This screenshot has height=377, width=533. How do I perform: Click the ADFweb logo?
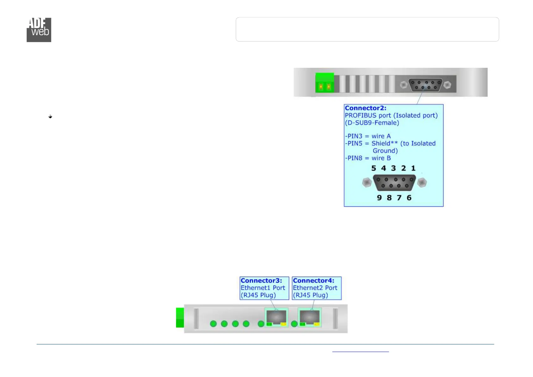(39, 30)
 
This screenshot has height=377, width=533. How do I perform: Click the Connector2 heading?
(366, 108)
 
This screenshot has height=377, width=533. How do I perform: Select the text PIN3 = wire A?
(368, 136)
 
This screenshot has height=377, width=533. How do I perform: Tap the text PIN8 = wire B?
(368, 158)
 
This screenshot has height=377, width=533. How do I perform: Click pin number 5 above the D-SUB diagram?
(374, 168)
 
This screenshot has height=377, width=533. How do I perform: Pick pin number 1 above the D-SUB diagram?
(413, 168)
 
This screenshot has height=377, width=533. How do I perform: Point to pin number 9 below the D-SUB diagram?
(379, 198)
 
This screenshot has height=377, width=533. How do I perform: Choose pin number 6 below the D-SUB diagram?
(409, 198)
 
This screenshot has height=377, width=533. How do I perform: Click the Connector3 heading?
(261, 281)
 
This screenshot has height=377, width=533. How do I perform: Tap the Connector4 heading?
(313, 281)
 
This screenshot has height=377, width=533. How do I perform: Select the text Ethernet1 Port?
(263, 288)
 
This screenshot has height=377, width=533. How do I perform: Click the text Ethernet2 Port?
(315, 288)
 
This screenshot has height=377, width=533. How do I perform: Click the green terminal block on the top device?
(325, 83)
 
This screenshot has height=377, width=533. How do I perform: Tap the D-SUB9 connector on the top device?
(425, 85)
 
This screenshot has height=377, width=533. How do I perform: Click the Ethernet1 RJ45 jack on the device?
(276, 317)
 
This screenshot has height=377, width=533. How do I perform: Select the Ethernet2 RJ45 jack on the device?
(310, 317)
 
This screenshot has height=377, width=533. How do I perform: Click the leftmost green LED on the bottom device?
(213, 324)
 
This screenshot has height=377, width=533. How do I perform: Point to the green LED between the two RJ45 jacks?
(294, 324)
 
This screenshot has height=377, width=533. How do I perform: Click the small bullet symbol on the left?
(50, 117)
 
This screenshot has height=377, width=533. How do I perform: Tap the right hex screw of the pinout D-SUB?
(422, 182)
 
